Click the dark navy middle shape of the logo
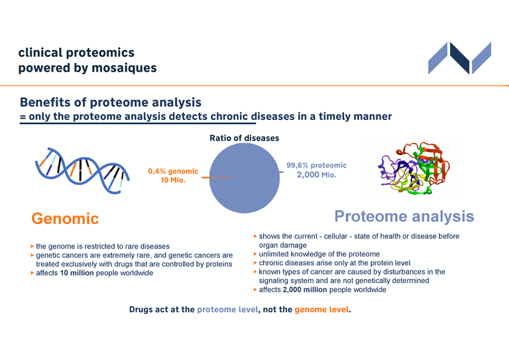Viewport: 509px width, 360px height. [x=460, y=58]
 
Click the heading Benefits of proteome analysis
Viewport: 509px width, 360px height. [x=111, y=102]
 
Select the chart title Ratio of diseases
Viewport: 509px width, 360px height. [x=245, y=138]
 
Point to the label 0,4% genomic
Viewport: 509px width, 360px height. [x=173, y=171]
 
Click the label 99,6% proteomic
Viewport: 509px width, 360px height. [x=317, y=165]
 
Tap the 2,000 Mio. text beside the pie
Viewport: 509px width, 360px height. [x=317, y=174]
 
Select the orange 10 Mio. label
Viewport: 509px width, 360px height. [x=173, y=180]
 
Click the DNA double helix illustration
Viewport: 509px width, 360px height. [x=82, y=171]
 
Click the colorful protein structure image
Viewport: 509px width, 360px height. [x=414, y=168]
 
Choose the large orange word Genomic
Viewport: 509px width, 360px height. [x=65, y=218]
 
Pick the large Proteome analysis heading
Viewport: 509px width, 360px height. [x=404, y=216]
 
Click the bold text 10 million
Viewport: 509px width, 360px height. [x=77, y=273]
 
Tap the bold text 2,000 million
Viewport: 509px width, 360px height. [x=305, y=290]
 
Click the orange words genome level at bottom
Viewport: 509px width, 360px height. [x=321, y=310]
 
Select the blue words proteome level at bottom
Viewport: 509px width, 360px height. [x=227, y=310]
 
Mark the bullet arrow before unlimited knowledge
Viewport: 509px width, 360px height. [x=255, y=254]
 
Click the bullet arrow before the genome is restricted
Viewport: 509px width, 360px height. [x=32, y=247]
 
